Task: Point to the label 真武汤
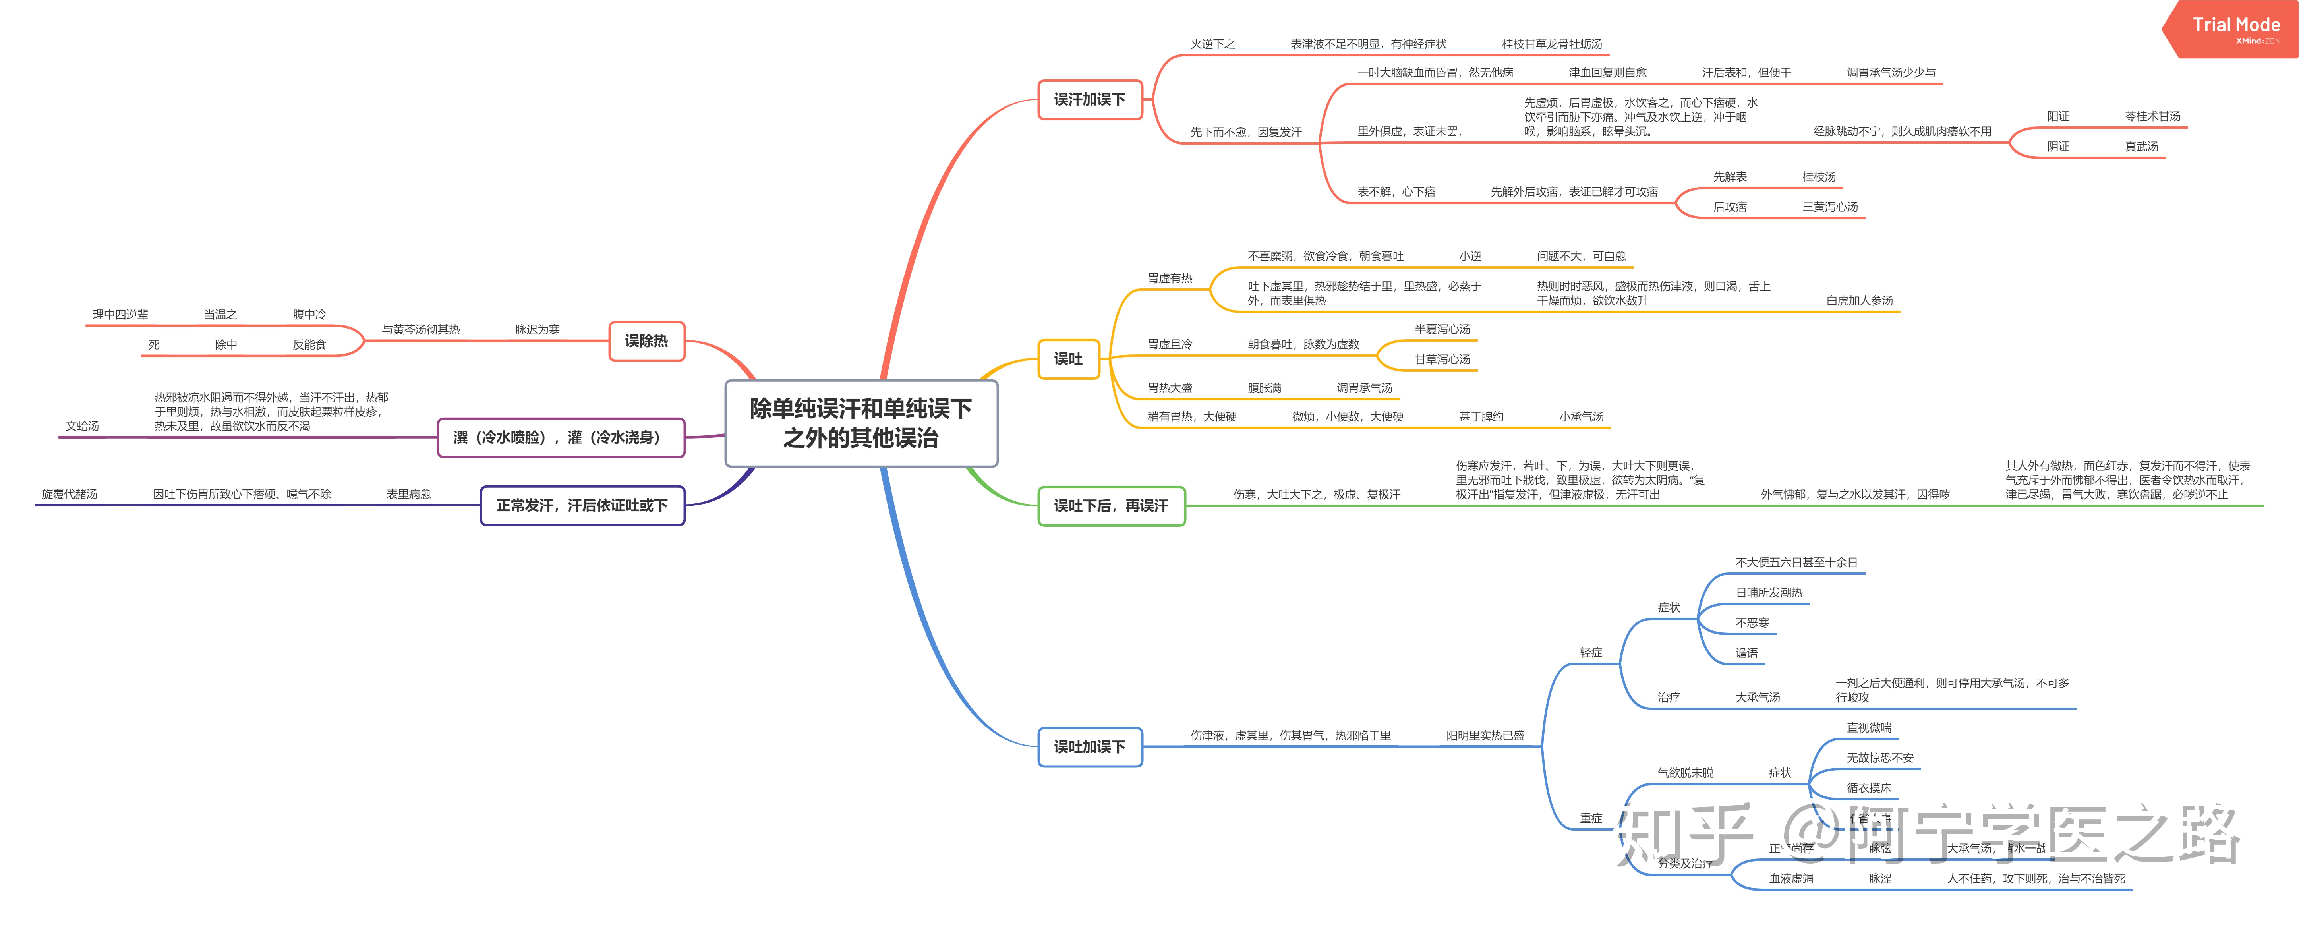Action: coord(2141,146)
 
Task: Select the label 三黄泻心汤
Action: coord(1829,207)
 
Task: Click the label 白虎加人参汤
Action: coord(1859,301)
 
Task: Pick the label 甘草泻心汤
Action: coord(1441,360)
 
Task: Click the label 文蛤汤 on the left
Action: coord(82,426)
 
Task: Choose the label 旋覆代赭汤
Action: coord(70,494)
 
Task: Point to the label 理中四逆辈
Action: coord(120,315)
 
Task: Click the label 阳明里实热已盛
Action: coord(1485,736)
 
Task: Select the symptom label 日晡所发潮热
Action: coord(1768,592)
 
